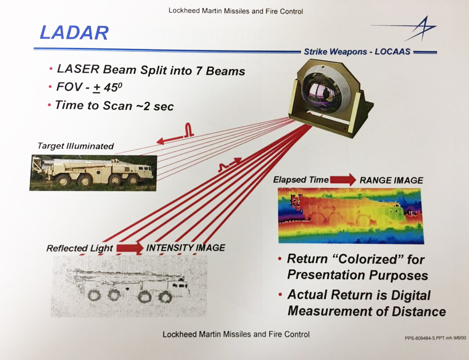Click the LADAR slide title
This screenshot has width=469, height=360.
pyautogui.click(x=74, y=33)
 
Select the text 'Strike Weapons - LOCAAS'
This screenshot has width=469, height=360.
pyautogui.click(x=357, y=51)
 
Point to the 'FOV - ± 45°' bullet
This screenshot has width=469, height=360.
pyautogui.click(x=89, y=87)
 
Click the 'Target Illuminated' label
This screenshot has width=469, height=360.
pyautogui.click(x=76, y=146)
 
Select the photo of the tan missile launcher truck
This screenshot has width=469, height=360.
pyautogui.click(x=93, y=173)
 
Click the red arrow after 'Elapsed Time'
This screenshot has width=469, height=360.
pyautogui.click(x=342, y=180)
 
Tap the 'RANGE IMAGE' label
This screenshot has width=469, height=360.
pyautogui.click(x=391, y=180)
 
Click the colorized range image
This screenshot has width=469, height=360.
pyautogui.click(x=351, y=216)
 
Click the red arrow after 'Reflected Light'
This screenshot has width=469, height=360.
pyautogui.click(x=130, y=248)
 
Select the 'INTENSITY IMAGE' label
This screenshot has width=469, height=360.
pyautogui.click(x=186, y=248)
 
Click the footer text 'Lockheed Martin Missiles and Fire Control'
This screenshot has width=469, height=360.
pyautogui.click(x=236, y=334)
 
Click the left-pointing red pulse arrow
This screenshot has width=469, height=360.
pyautogui.click(x=175, y=133)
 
